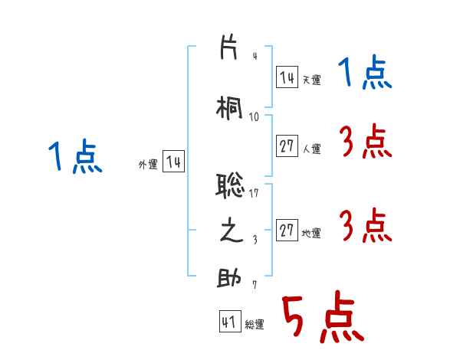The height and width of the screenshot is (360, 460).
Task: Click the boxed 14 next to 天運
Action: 287,77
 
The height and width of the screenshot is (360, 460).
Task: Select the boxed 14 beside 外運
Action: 174,162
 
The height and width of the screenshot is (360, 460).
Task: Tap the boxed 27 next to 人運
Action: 287,147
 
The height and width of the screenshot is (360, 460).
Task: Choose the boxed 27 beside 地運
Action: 287,231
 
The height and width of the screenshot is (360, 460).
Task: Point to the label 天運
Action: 311,80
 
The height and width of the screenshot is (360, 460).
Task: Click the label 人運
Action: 311,149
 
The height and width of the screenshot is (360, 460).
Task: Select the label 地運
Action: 311,234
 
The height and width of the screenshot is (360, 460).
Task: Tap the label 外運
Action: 148,164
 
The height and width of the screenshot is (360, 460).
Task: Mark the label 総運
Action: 255,325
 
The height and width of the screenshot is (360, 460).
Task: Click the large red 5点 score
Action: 322,319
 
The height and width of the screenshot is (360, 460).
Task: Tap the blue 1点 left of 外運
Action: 74,158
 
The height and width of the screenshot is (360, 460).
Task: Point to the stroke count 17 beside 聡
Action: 255,193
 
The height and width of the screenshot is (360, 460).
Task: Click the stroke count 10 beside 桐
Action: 255,116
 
